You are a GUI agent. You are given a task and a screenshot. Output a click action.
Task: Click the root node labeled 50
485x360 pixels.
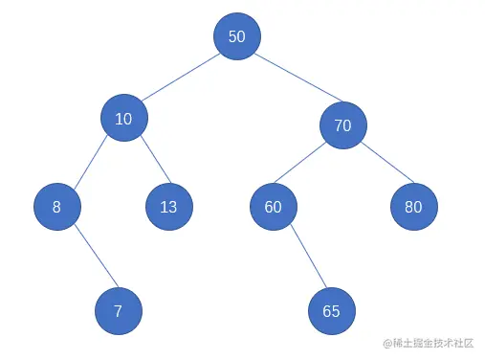236,36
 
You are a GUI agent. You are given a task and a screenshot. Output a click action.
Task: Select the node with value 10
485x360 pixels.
123,118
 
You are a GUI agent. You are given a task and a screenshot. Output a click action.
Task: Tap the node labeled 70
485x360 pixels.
342,124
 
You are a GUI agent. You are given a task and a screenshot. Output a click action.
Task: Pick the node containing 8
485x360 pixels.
56,206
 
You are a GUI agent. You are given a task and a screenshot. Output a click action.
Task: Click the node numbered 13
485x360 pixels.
168,206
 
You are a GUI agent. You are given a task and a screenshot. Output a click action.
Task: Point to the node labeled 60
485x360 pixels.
274,206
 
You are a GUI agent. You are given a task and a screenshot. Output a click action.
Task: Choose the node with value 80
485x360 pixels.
413,206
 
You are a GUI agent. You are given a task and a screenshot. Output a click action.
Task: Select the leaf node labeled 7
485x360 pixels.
118,311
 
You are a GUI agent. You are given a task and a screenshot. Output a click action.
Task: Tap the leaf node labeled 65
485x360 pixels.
331,311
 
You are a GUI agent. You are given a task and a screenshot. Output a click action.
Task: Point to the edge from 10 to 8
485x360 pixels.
90,162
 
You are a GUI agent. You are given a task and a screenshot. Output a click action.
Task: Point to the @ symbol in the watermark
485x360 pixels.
387,342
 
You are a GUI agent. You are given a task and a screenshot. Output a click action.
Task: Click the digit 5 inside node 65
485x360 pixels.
336,311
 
